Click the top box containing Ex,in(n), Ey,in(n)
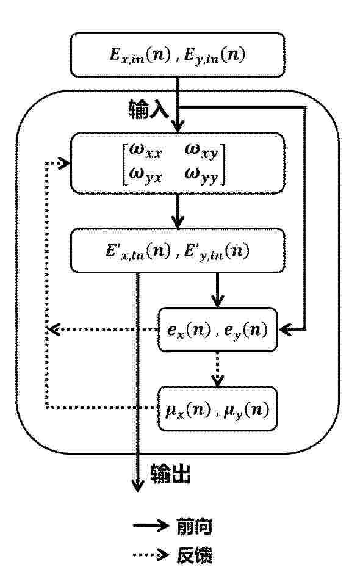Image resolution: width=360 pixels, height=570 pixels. [178, 55]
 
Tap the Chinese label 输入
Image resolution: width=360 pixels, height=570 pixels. [148, 109]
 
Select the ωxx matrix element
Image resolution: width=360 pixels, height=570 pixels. [145, 151]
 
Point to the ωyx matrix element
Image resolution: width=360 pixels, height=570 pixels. [145, 175]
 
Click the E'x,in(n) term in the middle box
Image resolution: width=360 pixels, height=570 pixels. [138, 251]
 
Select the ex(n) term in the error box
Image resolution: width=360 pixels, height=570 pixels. [189, 330]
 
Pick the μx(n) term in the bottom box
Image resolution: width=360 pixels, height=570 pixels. [188, 410]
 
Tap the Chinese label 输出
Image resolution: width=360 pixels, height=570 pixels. [171, 474]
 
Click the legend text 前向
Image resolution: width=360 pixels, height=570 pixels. [194, 525]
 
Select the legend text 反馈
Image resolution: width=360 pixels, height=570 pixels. [194, 555]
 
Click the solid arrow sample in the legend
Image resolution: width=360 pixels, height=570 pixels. [151, 525]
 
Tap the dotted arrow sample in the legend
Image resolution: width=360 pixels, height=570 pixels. [151, 555]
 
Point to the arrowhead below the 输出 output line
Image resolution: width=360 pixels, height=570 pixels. [137, 485]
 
